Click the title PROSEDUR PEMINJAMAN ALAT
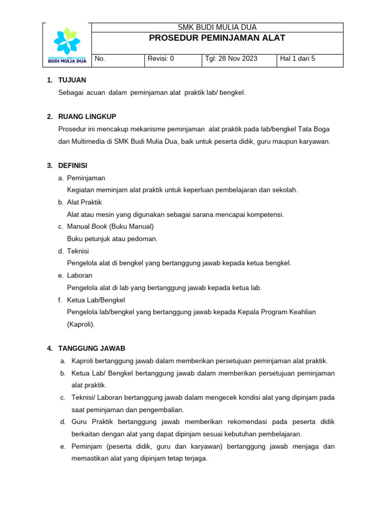[217, 38]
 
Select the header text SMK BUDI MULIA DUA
[217, 27]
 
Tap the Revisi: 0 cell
[161, 59]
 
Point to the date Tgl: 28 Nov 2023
[231, 59]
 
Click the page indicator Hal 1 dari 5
[297, 59]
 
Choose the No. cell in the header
[100, 59]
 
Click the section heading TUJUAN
[72, 80]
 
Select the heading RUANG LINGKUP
[87, 117]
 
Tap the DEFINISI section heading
[73, 165]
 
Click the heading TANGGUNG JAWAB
[92, 349]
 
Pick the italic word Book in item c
[99, 227]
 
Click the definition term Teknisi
[78, 251]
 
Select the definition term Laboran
[80, 275]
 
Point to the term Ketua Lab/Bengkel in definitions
[96, 300]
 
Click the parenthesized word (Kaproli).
[81, 324]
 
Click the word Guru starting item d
[80, 422]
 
